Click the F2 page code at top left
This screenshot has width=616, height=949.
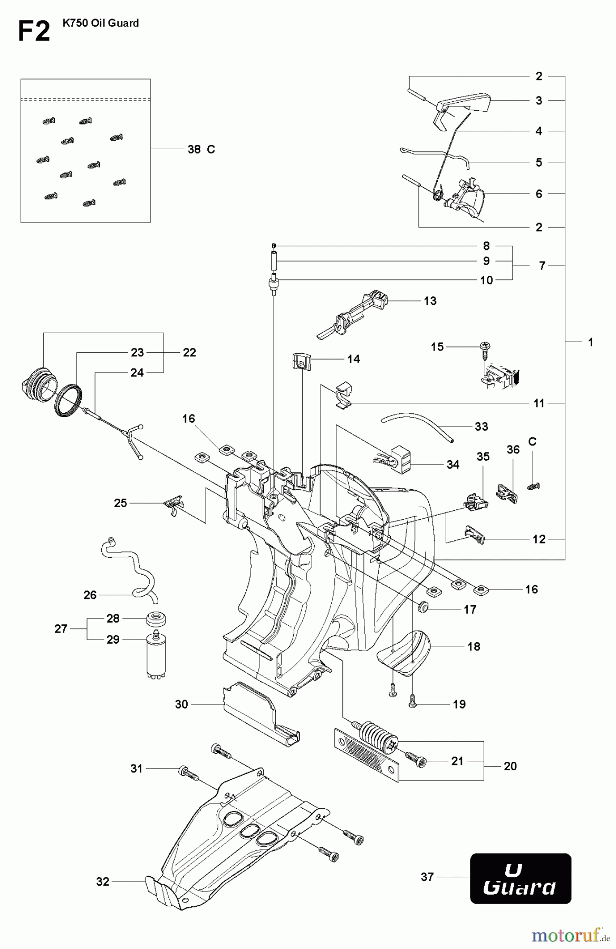pyautogui.click(x=34, y=32)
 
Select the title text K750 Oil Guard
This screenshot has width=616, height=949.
pyautogui.click(x=100, y=23)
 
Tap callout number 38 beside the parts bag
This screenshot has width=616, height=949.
pyautogui.click(x=194, y=150)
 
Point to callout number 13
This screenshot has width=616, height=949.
pyautogui.click(x=430, y=301)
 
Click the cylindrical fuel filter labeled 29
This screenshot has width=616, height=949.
pyautogui.click(x=156, y=656)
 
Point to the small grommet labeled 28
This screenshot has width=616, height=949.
pyautogui.click(x=156, y=618)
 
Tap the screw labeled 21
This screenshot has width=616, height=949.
pyautogui.click(x=417, y=759)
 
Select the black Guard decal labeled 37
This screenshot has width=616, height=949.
pyautogui.click(x=520, y=878)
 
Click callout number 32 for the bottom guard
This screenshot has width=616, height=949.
pyautogui.click(x=103, y=882)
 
